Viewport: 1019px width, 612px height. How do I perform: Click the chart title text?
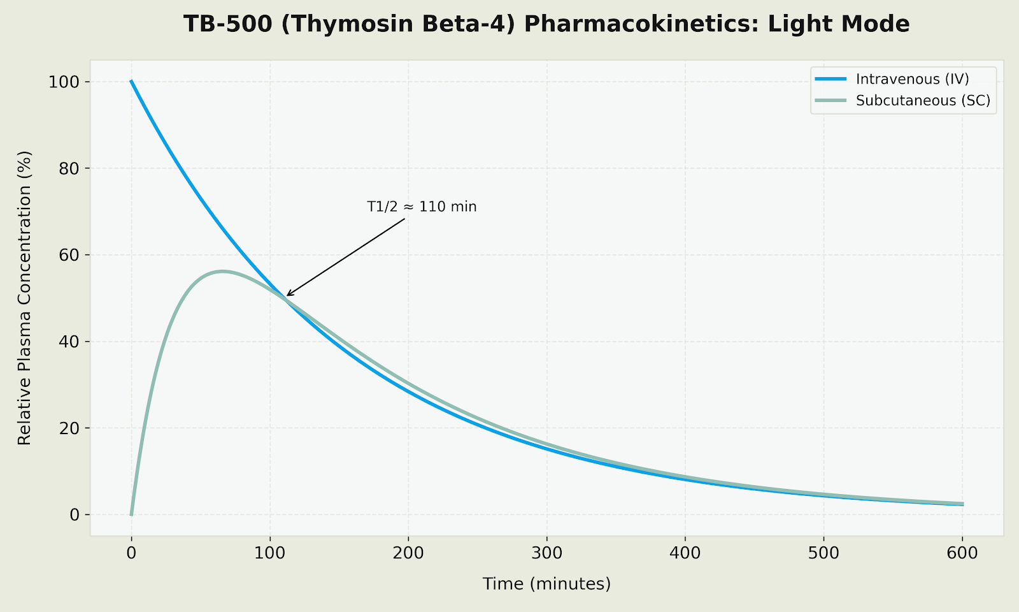point(546,24)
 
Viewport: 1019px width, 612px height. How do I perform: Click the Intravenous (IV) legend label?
point(912,79)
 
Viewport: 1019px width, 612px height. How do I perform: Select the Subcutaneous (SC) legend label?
point(923,101)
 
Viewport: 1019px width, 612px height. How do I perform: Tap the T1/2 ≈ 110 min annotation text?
point(422,207)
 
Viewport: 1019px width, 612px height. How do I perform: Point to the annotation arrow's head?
point(287,295)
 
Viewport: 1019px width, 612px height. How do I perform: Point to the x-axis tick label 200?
point(408,554)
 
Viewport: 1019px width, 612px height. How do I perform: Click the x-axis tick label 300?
point(546,554)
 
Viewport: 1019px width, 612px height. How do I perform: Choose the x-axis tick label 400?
point(685,554)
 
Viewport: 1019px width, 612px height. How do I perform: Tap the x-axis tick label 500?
point(823,554)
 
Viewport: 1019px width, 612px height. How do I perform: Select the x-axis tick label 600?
point(962,554)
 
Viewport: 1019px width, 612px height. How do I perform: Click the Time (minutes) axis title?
point(546,583)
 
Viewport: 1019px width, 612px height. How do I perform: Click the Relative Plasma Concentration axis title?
point(24,298)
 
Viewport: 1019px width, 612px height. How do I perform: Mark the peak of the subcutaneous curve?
point(222,271)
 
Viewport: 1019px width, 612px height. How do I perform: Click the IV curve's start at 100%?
point(132,82)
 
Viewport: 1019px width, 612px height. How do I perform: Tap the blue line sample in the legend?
point(830,79)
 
